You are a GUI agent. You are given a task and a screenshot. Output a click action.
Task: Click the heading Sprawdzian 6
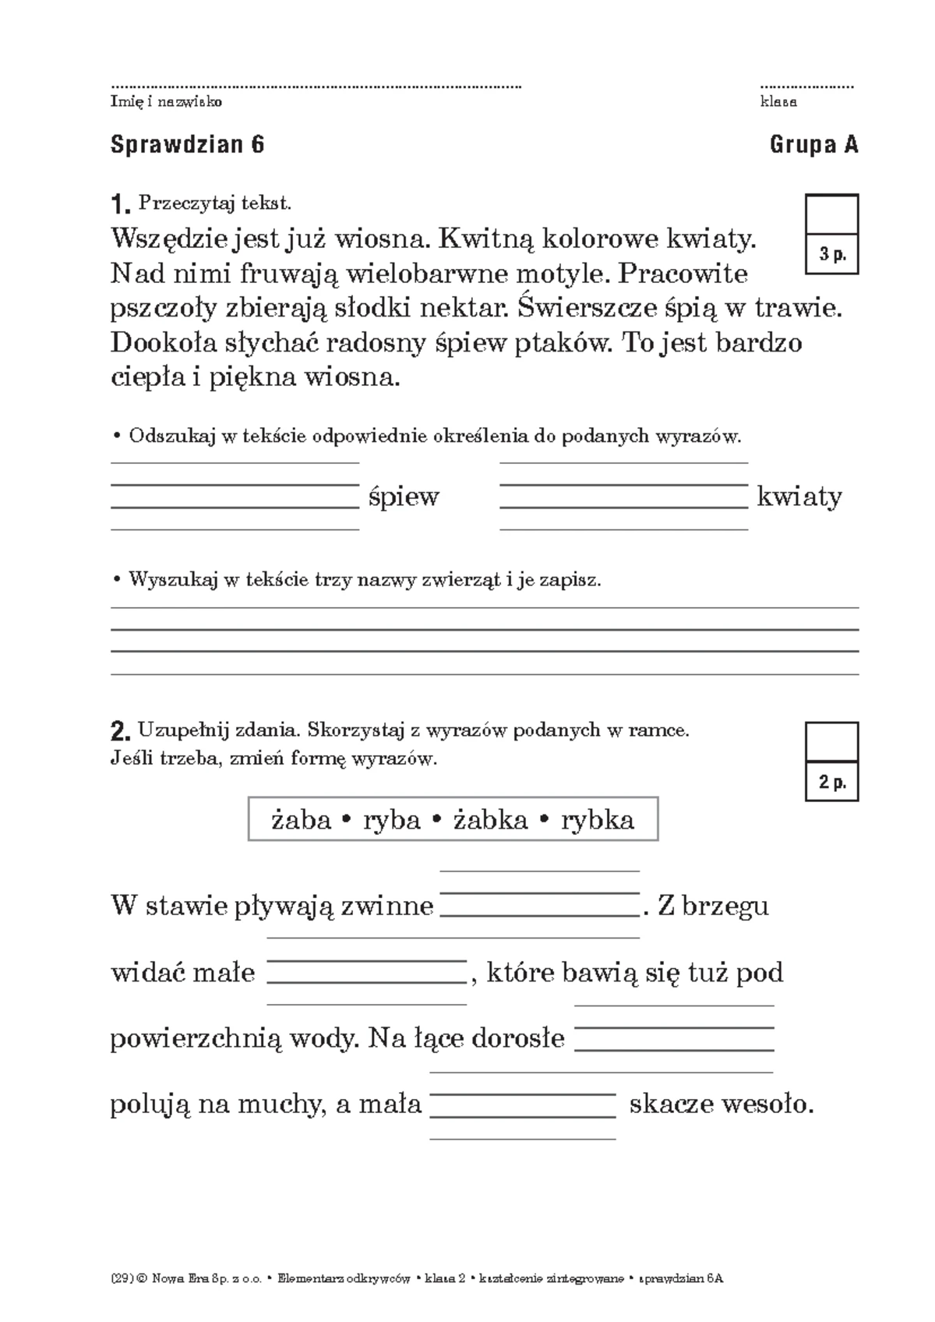click(187, 145)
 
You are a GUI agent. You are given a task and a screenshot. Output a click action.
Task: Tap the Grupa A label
click(813, 145)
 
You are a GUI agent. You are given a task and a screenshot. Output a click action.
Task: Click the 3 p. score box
click(831, 235)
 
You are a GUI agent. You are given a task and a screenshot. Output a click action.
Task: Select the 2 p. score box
click(831, 762)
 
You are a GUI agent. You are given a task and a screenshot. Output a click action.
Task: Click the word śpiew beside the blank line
click(404, 497)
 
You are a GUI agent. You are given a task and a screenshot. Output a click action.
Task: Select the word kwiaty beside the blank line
click(799, 497)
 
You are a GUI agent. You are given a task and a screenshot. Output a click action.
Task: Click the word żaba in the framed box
click(301, 819)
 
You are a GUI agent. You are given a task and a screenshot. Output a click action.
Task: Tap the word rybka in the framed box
click(598, 819)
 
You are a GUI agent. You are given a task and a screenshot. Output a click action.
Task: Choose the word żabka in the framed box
click(491, 819)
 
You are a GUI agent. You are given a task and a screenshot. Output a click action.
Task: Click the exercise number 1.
click(119, 206)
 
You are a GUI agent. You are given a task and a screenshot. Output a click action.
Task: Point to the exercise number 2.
click(119, 732)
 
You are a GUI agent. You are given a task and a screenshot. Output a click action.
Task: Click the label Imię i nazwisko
click(166, 102)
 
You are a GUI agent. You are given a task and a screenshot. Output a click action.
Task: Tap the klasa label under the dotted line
click(778, 102)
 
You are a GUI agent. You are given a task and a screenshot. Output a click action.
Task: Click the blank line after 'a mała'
click(523, 1107)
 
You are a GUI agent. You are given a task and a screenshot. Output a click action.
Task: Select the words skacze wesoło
click(721, 1104)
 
